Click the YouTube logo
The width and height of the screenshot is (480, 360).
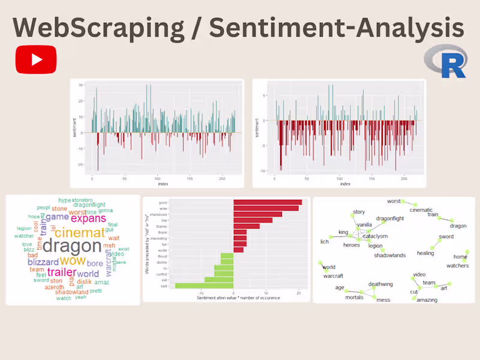tap(36, 59)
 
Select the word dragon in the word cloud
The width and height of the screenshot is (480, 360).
tap(72, 245)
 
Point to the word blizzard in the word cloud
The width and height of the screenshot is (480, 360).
tap(43, 262)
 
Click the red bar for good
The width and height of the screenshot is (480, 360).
tap(268, 203)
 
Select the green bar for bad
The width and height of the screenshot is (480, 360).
tap(204, 286)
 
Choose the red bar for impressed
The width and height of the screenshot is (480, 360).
tap(257, 214)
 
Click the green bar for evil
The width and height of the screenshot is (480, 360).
tap(219, 280)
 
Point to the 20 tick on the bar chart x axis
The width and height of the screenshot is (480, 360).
tap(299, 293)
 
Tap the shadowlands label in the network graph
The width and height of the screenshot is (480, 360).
tap(389, 256)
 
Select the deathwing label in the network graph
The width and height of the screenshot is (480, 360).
tap(380, 284)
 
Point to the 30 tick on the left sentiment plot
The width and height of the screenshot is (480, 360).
tap(80, 85)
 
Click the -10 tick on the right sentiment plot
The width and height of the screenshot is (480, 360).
tap(263, 171)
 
